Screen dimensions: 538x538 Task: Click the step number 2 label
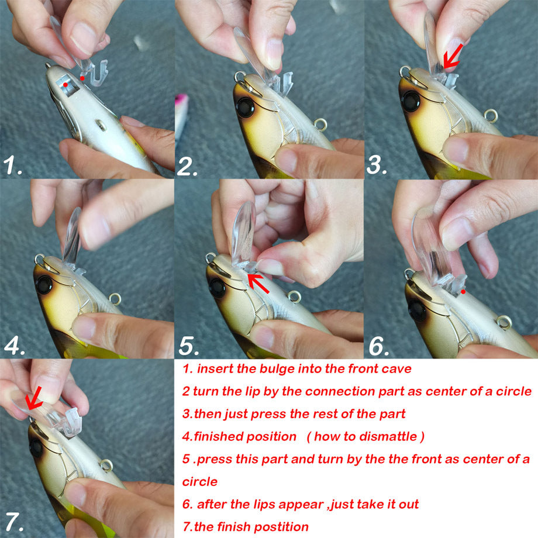click(188, 166)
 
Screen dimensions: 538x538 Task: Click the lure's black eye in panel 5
click(217, 287)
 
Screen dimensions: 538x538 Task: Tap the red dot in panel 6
click(463, 291)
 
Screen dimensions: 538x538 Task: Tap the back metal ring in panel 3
click(492, 115)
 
